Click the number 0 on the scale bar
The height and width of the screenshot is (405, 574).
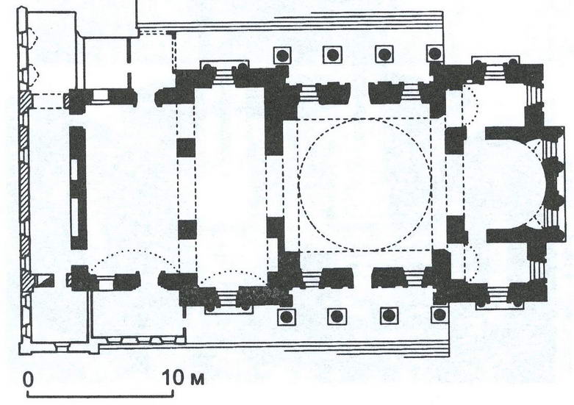point(28,379)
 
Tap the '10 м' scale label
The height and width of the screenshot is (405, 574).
point(183,378)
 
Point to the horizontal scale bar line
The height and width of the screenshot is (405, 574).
point(100,395)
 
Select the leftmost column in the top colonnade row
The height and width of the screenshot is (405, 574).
point(282,55)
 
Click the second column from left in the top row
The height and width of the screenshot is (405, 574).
point(332,55)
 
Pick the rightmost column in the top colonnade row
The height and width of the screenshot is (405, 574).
point(435,54)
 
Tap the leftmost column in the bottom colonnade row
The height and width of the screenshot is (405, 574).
point(287,316)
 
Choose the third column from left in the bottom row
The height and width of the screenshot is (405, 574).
point(389,315)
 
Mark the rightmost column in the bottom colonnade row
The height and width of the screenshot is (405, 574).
point(440,315)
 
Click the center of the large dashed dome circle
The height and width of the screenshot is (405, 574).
point(365,184)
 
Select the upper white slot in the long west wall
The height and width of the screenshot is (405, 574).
point(74,170)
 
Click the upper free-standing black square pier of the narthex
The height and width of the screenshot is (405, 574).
point(186,148)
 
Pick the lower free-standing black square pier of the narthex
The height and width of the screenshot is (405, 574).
point(187,229)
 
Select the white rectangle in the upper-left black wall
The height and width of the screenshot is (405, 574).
point(100,96)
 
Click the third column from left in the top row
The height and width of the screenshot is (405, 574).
point(384,54)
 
